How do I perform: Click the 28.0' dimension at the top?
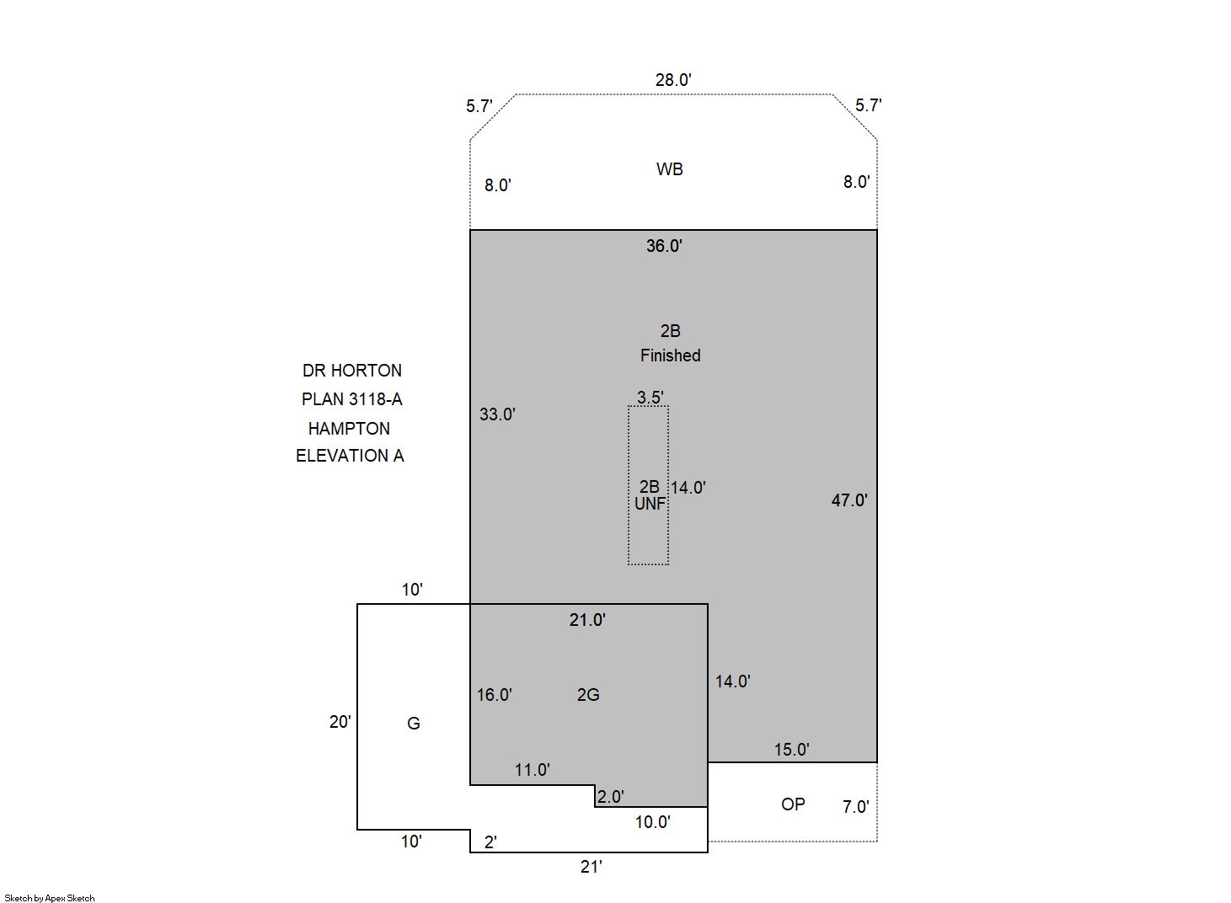[x=673, y=80]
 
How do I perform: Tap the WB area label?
[x=669, y=169]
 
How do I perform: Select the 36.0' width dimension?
[x=665, y=245]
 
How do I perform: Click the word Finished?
[x=671, y=355]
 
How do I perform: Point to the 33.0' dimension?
[x=497, y=414]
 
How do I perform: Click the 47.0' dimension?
[x=849, y=500]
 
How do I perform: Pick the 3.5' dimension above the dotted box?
[x=650, y=397]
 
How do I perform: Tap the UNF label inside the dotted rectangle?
[x=650, y=504]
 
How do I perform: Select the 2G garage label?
[x=588, y=695]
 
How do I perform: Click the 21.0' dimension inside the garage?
[x=587, y=620]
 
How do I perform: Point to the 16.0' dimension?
[x=495, y=695]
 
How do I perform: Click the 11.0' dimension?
[x=533, y=770]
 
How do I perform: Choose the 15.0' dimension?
[x=792, y=749]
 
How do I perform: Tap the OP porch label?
[x=793, y=804]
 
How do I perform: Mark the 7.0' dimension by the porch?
[x=856, y=807]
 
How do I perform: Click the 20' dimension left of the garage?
[x=340, y=722]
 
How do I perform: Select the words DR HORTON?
[x=352, y=371]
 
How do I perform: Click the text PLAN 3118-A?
[x=352, y=399]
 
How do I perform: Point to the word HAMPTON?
[x=349, y=429]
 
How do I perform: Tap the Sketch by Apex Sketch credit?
[x=50, y=898]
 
